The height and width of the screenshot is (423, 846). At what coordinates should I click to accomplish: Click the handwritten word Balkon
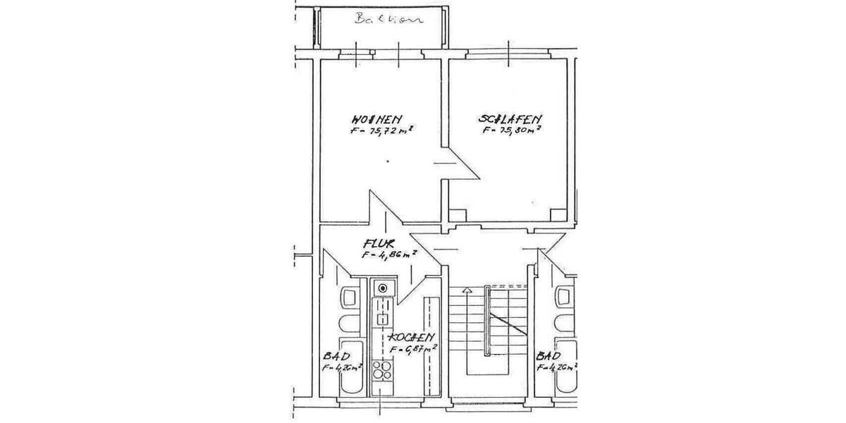(x=390, y=19)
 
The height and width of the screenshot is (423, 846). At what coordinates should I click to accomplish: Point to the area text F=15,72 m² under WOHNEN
(x=381, y=130)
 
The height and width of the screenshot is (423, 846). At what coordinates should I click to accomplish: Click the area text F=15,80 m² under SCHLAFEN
(x=512, y=130)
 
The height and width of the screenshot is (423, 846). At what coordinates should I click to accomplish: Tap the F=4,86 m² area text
(x=388, y=255)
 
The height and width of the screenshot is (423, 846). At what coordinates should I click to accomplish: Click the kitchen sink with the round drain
(x=383, y=288)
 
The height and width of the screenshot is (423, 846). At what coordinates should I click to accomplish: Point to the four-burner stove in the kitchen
(x=382, y=372)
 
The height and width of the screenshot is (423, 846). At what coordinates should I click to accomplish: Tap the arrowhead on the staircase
(x=465, y=289)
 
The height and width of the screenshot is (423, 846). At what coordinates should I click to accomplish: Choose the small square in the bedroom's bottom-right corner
(x=558, y=214)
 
